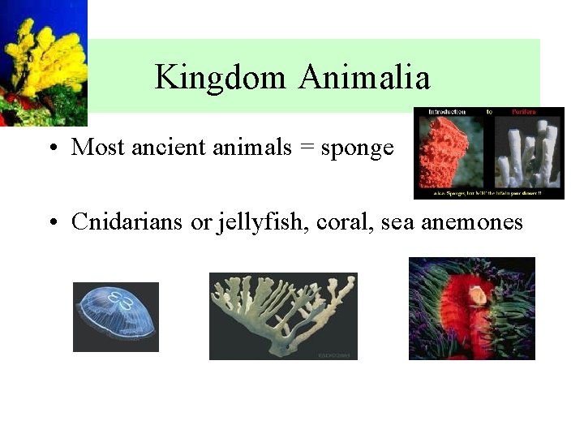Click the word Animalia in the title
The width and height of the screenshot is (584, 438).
(x=363, y=78)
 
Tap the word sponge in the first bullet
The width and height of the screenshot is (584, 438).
(x=358, y=148)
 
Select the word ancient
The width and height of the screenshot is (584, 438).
(x=171, y=148)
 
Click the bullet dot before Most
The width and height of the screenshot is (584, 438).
(x=51, y=149)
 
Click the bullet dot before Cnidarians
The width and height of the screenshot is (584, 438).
(x=51, y=223)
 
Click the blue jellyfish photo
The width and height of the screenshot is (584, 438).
(x=116, y=316)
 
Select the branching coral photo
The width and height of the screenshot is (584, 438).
(x=283, y=316)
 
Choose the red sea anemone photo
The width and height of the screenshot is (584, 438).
(x=471, y=308)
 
